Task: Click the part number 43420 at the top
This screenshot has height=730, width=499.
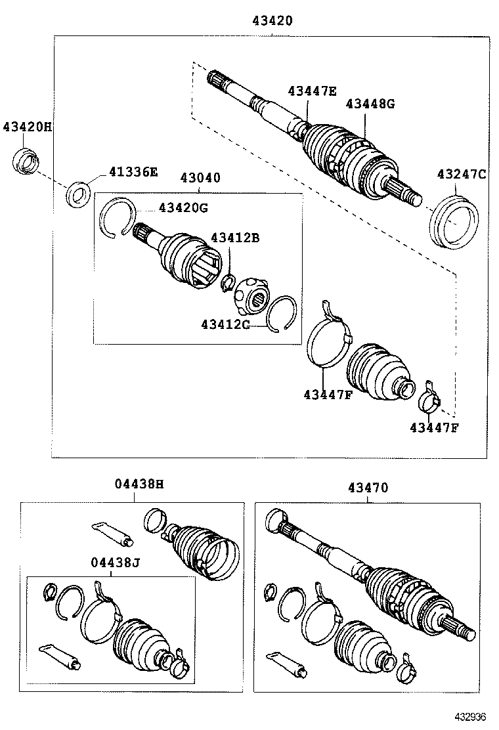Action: pyautogui.click(x=272, y=21)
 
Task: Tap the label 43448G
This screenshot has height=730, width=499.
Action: pyautogui.click(x=370, y=103)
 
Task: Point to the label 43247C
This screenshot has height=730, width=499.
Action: pyautogui.click(x=462, y=174)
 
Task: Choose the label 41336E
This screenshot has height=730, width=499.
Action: pyautogui.click(x=133, y=172)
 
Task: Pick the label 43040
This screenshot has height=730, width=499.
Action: pyautogui.click(x=200, y=178)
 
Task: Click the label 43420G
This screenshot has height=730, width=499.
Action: pyautogui.click(x=183, y=208)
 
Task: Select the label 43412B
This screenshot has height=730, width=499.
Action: pyautogui.click(x=234, y=238)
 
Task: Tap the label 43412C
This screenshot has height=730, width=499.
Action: pyautogui.click(x=225, y=324)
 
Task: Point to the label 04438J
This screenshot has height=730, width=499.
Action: pyautogui.click(x=116, y=562)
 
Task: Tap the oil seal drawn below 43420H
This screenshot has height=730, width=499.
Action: pyautogui.click(x=26, y=162)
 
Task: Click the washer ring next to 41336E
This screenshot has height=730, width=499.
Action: pyautogui.click(x=79, y=194)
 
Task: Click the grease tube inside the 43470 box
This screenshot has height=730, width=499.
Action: pyautogui.click(x=288, y=664)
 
